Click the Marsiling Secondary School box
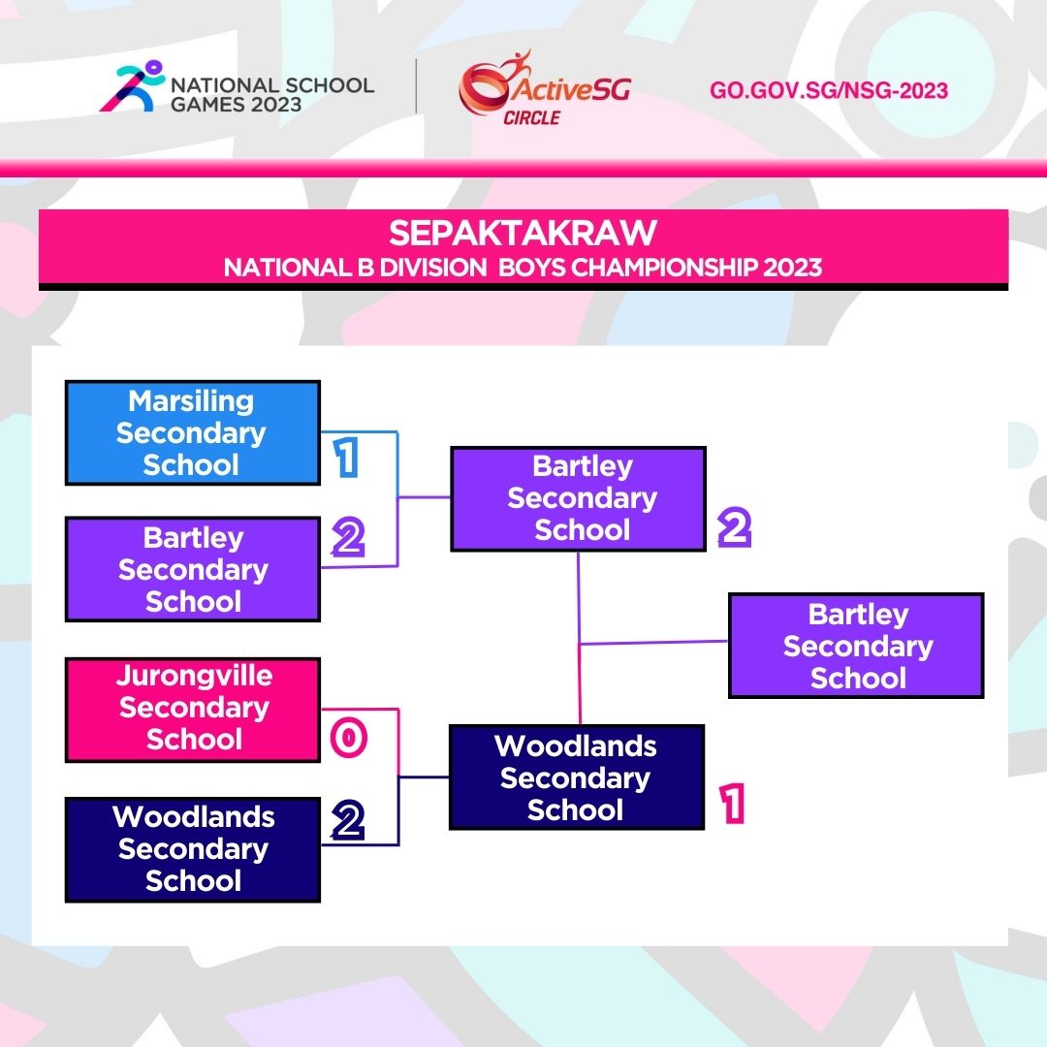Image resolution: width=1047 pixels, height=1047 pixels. point(192,432)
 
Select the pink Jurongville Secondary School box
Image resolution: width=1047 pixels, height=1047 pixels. point(192,709)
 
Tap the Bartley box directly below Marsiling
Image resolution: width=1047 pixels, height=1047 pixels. point(192,569)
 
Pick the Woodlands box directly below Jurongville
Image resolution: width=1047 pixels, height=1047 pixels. point(192,848)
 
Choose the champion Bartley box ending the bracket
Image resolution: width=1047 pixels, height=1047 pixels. point(856,646)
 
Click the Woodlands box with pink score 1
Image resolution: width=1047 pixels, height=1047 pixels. point(576,778)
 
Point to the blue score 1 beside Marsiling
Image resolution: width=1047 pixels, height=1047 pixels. point(345,459)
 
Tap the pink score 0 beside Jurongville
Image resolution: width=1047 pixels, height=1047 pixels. point(348,739)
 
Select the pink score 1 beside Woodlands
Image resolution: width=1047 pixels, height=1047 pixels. point(733,805)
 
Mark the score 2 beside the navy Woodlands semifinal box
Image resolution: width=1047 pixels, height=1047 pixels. point(347,821)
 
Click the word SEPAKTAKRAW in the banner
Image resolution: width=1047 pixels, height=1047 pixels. point(523,234)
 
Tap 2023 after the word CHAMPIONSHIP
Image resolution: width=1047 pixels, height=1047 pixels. point(792,267)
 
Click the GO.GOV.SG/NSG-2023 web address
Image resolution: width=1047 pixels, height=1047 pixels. point(829,91)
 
